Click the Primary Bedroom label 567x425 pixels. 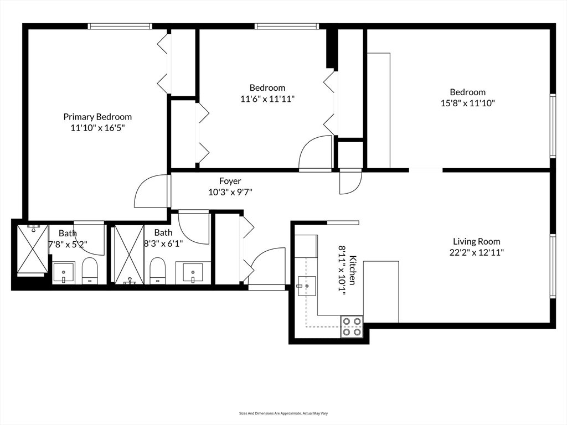pos(97,117)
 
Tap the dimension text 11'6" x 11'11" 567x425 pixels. pos(267,99)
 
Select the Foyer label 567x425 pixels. pos(230,181)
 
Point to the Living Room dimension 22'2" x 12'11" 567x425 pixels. pos(477,252)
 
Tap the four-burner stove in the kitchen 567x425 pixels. pos(352,326)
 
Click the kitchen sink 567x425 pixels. pos(307,286)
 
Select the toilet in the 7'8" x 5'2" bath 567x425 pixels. pos(90,271)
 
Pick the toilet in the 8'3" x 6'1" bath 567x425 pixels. pos(157,271)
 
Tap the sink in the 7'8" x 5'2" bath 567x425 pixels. pos(64,273)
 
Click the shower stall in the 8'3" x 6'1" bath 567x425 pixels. pos(129,255)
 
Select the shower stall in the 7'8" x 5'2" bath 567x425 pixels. pos(33,249)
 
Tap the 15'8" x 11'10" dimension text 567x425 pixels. pos(467,103)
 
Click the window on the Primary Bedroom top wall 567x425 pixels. pos(120,26)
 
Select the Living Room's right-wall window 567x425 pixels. pos(553,266)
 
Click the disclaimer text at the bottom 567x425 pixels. pos(283,413)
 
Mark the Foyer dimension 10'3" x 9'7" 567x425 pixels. pos(230,192)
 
